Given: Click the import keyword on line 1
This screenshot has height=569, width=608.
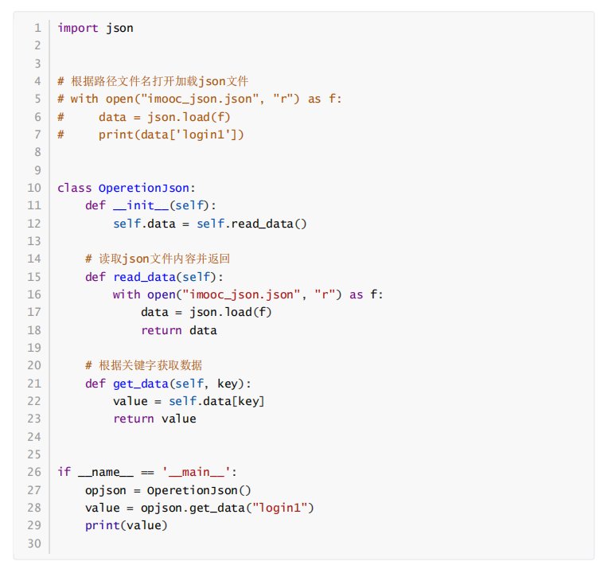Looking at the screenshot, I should click(78, 28).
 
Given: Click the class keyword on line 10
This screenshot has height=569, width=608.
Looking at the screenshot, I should click(74, 188).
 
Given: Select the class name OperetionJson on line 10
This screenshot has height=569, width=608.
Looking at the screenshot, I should click(144, 188).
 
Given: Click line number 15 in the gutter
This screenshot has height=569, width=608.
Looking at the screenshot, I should click(33, 277).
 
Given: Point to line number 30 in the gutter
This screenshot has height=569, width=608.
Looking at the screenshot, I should click(33, 544).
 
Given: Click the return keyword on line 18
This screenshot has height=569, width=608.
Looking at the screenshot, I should click(162, 330).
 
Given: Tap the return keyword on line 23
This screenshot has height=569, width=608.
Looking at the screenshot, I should click(134, 419).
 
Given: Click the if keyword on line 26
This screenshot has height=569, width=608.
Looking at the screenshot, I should click(64, 472).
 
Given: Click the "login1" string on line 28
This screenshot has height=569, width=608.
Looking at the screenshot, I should click(283, 508).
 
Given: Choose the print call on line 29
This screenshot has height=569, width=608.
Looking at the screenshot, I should click(103, 525).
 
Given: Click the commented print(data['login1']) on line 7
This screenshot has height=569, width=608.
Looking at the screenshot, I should click(172, 134).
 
